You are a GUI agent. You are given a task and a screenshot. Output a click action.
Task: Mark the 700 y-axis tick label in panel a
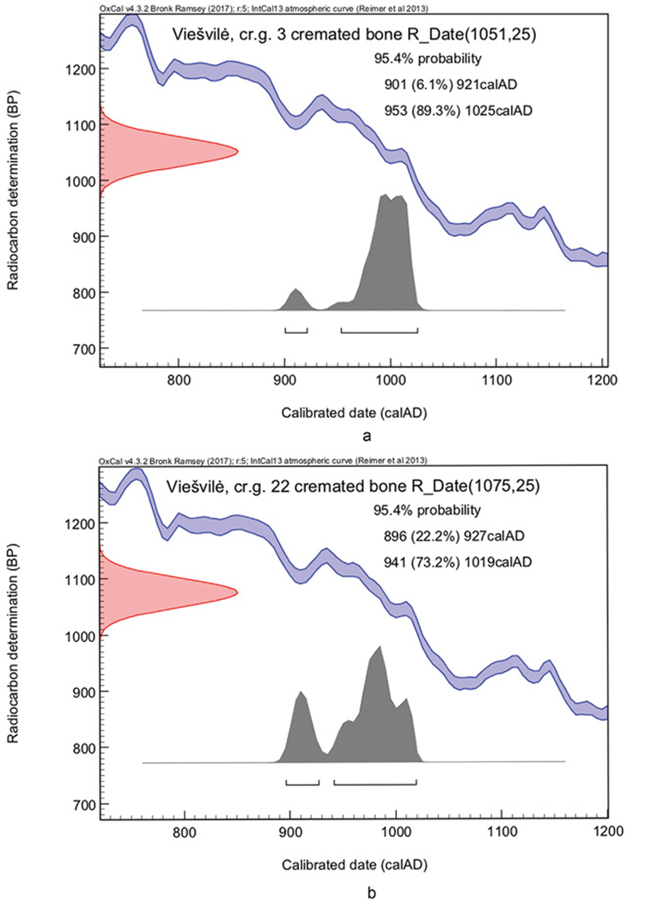(x=82, y=348)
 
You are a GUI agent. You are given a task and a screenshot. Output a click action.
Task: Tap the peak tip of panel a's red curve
(x=236, y=152)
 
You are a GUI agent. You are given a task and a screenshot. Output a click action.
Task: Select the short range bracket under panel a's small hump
(x=296, y=330)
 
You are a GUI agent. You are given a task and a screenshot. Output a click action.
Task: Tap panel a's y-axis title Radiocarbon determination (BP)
(x=15, y=200)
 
